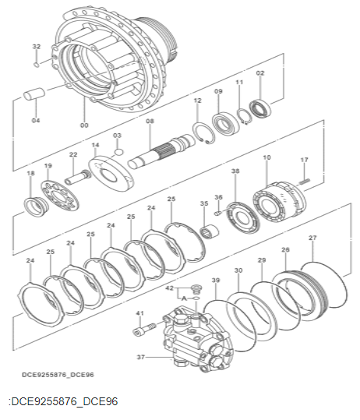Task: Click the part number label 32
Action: tap(37, 47)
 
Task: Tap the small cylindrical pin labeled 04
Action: tap(34, 94)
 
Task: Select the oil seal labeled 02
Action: tap(260, 108)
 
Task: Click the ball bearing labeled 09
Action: tap(225, 124)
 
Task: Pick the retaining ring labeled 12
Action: tap(203, 133)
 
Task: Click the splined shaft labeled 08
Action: tap(161, 152)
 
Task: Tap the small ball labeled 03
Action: tap(118, 152)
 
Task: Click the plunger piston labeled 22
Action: tap(78, 178)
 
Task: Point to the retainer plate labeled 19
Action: tap(60, 196)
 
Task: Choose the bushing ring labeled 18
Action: tap(37, 206)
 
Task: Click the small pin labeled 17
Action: tap(305, 181)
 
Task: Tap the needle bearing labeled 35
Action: tap(209, 231)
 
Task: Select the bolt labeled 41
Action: tap(145, 330)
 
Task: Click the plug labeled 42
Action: tap(196, 289)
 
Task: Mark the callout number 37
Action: tap(141, 357)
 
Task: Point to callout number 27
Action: tap(312, 238)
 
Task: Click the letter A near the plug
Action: tap(184, 298)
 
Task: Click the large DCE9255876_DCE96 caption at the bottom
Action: tap(63, 401)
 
